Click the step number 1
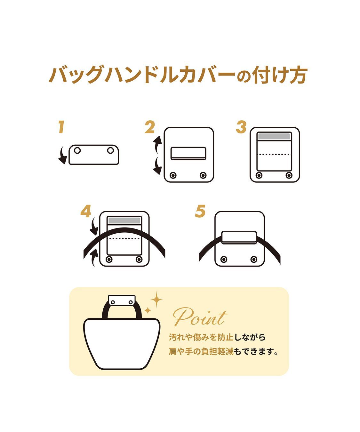pos(60,127)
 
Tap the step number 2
pos(149,127)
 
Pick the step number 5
pos(200,211)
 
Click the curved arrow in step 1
pos(62,155)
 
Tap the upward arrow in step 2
pos(157,145)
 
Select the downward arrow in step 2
pos(157,165)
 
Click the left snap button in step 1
pos(77,150)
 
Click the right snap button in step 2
pos(203,175)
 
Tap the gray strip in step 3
pos(274,137)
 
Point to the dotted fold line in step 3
pos(274,155)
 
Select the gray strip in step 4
pos(124,220)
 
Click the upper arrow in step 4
pos(94,226)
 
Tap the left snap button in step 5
pos(224,259)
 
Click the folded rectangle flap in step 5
pos(239,237)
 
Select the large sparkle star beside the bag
pos(156,300)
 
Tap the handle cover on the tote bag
pos(122,300)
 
